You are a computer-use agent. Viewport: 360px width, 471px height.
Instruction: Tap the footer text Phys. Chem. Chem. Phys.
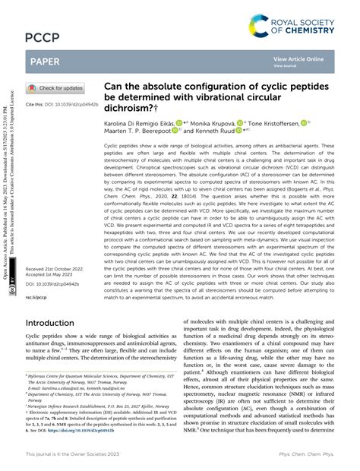click(311, 454)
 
